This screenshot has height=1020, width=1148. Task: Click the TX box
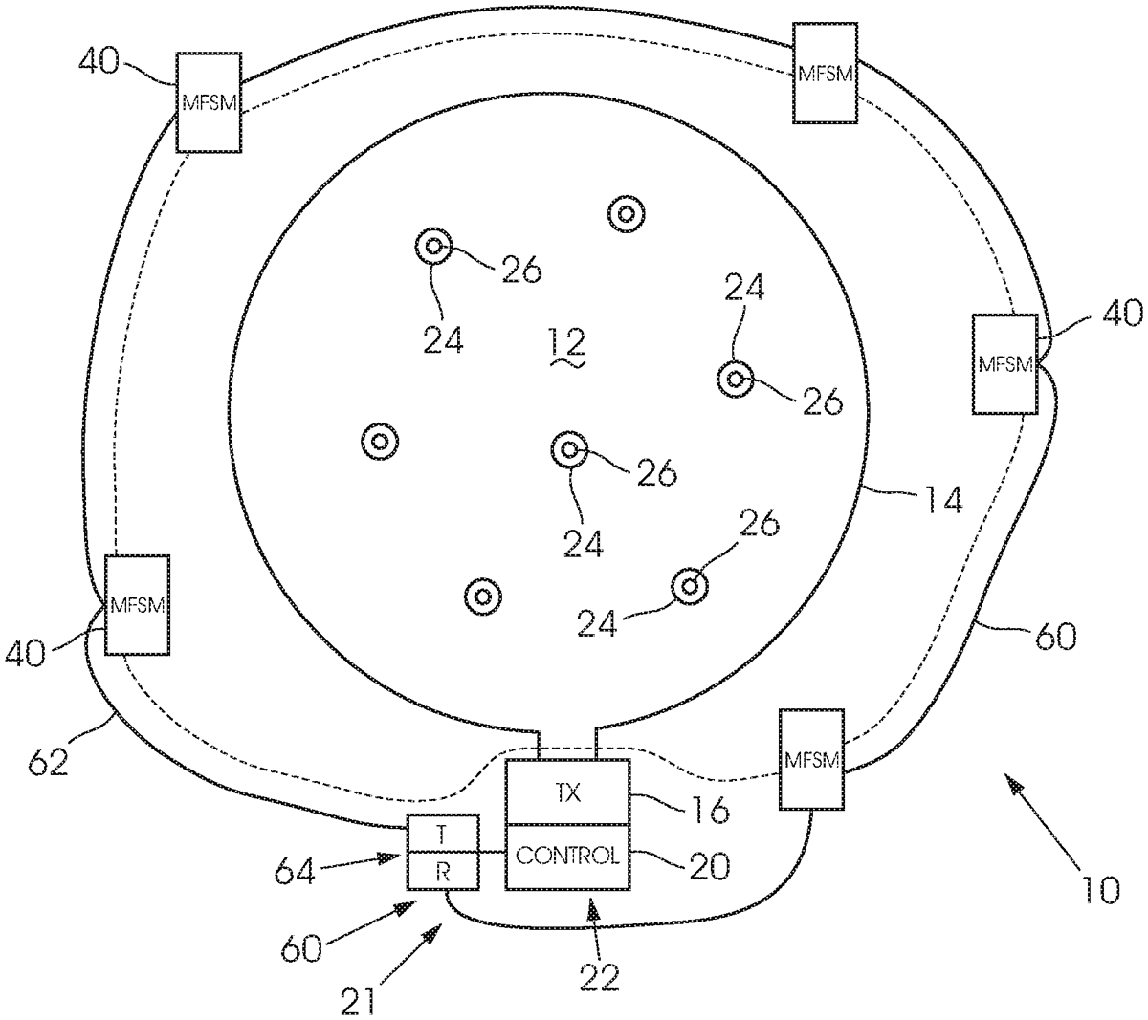567,792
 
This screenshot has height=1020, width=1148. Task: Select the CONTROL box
567,856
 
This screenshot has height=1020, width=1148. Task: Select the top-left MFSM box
209,102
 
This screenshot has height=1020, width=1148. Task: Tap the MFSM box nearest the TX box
811,759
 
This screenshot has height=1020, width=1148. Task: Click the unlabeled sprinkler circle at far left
380,442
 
